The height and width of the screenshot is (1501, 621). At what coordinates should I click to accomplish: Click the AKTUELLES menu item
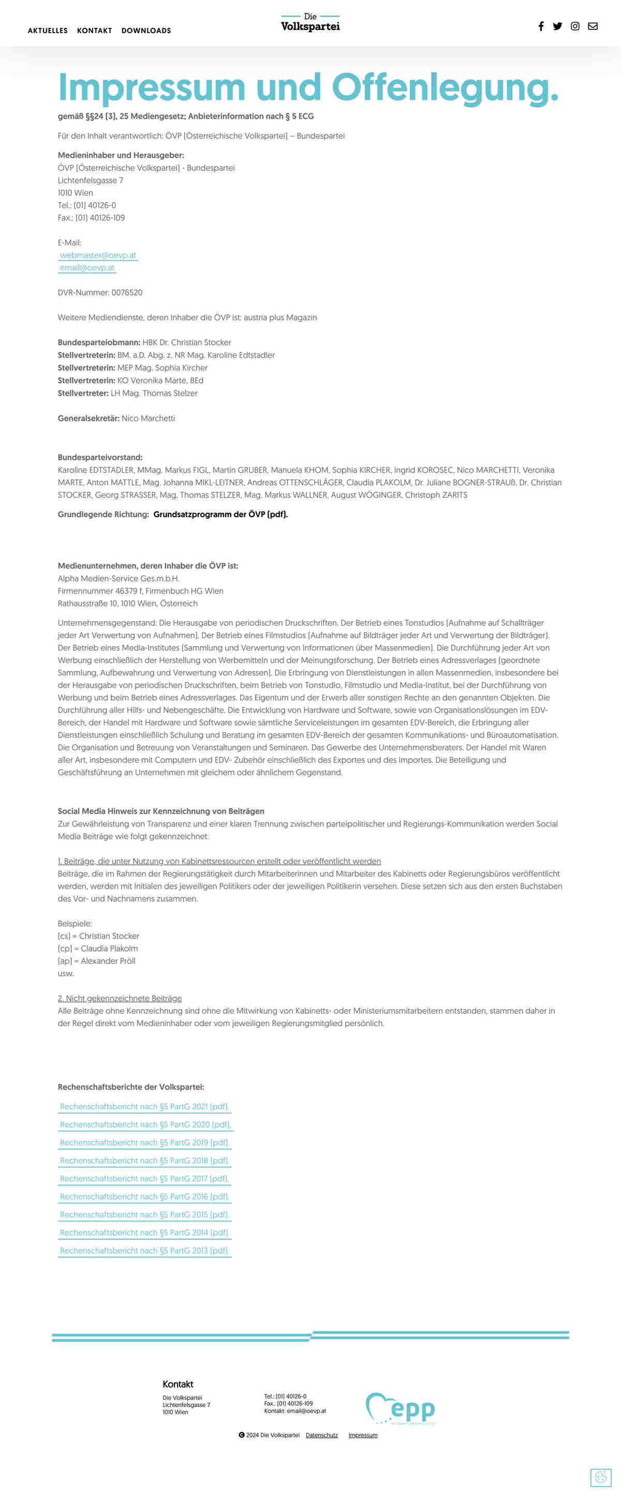click(48, 31)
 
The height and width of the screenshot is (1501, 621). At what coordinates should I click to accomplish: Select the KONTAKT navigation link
click(94, 31)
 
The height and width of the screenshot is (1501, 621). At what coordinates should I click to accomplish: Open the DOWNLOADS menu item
click(146, 31)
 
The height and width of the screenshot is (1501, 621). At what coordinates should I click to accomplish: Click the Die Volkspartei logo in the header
click(310, 23)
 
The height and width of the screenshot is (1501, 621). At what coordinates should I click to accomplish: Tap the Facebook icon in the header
click(541, 26)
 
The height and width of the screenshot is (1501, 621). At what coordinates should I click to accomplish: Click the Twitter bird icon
click(557, 26)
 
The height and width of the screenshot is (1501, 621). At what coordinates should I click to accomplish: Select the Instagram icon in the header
click(575, 26)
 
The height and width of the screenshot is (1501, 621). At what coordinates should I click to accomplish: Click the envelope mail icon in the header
click(593, 26)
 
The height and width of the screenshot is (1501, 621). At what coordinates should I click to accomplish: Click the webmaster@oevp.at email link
click(98, 255)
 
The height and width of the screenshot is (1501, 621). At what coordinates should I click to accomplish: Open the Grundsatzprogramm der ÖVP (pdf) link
click(220, 514)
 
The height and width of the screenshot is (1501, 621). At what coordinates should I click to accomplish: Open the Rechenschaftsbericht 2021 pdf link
click(144, 1107)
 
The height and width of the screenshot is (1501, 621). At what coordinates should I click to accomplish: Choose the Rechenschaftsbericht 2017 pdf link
click(144, 1179)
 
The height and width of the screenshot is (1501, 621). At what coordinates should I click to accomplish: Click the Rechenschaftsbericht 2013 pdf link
click(144, 1251)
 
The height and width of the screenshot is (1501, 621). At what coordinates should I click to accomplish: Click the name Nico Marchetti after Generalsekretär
click(148, 419)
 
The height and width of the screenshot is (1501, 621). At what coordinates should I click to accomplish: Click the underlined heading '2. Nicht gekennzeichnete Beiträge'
click(120, 998)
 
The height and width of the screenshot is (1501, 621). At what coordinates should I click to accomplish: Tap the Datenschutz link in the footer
click(321, 1435)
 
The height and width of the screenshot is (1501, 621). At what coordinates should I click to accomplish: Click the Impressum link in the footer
click(363, 1435)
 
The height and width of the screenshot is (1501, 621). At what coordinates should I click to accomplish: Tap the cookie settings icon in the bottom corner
click(601, 1477)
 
